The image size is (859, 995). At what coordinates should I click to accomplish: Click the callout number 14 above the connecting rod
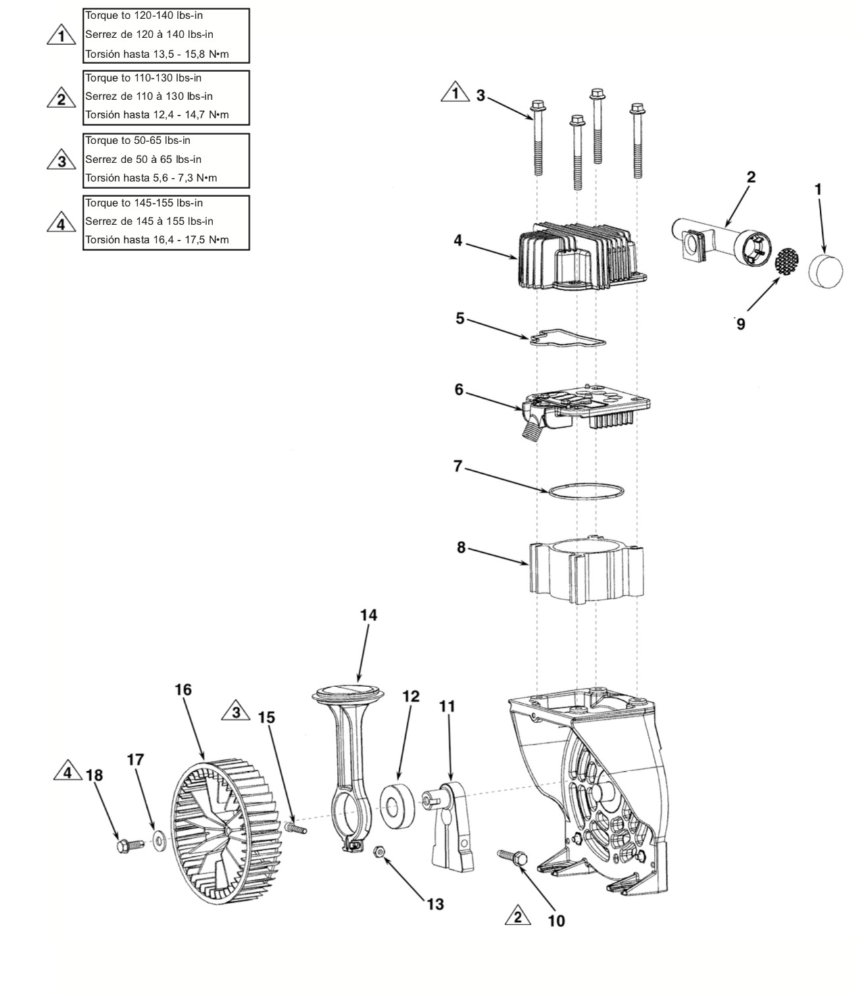coord(368,615)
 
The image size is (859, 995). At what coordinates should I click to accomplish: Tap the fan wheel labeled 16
coord(225,831)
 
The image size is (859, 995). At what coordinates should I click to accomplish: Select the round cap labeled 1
coord(825,272)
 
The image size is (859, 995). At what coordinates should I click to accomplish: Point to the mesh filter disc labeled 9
coord(787,262)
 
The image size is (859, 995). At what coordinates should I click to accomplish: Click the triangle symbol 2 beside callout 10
coord(518,916)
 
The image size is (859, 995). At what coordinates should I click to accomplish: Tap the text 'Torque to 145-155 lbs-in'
coord(144,203)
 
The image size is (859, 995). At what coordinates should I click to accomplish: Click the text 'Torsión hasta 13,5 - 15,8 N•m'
coord(157,54)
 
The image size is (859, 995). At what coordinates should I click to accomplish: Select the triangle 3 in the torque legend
coord(61,160)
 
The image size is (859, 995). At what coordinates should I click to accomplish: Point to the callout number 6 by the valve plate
coord(460,389)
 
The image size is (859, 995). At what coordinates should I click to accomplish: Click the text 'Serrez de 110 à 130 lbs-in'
coord(149,96)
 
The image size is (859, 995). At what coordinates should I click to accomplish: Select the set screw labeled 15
coord(295,827)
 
